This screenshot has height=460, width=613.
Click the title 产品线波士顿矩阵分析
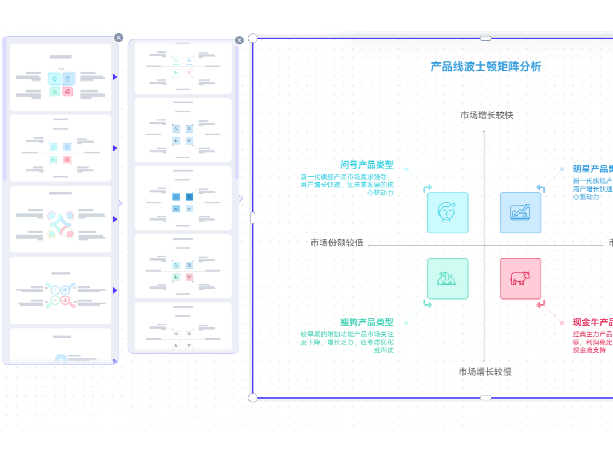pyautogui.click(x=485, y=67)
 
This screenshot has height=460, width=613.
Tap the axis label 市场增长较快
pyautogui.click(x=487, y=116)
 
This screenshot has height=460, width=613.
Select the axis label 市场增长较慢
pyautogui.click(x=485, y=372)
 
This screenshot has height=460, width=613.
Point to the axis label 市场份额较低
pyautogui.click(x=337, y=243)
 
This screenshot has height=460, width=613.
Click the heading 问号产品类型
pyautogui.click(x=367, y=165)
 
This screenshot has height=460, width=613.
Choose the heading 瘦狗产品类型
pyautogui.click(x=367, y=323)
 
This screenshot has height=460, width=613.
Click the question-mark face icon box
pyautogui.click(x=448, y=212)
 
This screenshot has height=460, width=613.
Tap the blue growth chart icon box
pyautogui.click(x=521, y=212)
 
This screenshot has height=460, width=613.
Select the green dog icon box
pyautogui.click(x=448, y=279)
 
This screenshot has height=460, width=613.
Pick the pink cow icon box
pyautogui.click(x=521, y=279)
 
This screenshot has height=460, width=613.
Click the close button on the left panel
pyautogui.click(x=119, y=37)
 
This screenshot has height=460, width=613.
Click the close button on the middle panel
pyautogui.click(x=239, y=40)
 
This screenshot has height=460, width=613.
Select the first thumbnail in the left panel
pyautogui.click(x=60, y=77)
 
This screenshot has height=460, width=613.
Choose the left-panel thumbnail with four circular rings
pyautogui.click(x=60, y=219)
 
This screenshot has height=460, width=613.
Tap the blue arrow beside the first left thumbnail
pyautogui.click(x=115, y=77)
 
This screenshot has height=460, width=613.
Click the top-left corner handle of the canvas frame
pyautogui.click(x=253, y=38)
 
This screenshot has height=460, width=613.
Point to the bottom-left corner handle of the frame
pyautogui.click(x=253, y=398)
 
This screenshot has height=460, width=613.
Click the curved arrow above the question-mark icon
pyautogui.click(x=427, y=188)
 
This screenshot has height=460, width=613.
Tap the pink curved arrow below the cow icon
pyautogui.click(x=541, y=304)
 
